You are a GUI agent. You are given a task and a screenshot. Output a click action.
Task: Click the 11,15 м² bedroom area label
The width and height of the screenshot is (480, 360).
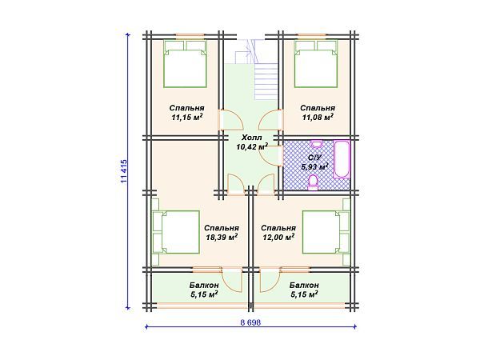[x=186, y=113]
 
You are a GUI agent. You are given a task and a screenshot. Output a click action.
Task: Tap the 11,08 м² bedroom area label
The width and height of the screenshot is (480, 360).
[x=318, y=113]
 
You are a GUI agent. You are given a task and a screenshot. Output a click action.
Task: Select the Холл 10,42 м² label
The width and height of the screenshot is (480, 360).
[x=252, y=142]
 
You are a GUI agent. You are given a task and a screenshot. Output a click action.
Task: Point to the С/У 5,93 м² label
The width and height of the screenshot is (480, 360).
[x=314, y=162]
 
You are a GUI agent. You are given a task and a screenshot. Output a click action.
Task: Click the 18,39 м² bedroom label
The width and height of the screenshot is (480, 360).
[x=222, y=233]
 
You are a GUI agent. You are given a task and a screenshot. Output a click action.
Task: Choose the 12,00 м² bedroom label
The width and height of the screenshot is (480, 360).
[x=278, y=233]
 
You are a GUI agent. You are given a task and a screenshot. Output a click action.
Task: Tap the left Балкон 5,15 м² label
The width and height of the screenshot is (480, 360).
[x=204, y=290]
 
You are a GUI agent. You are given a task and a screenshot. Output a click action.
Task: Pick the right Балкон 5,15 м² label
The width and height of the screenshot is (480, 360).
[x=304, y=290]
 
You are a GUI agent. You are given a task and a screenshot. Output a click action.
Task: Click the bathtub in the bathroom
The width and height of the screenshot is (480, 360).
[x=341, y=159]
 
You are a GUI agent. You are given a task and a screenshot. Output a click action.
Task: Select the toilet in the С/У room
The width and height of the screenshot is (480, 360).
[x=313, y=182]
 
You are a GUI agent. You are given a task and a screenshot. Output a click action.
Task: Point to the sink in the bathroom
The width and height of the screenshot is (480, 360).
[x=317, y=143]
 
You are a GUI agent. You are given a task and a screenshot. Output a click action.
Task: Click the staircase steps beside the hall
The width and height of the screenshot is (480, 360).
[x=266, y=82]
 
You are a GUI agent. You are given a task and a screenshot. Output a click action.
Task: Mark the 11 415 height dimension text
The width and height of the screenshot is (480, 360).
[x=124, y=171]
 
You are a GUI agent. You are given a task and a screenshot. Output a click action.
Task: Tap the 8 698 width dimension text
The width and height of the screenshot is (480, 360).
[x=250, y=322]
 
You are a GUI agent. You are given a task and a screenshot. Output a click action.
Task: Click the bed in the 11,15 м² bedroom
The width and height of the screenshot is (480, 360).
[x=185, y=64]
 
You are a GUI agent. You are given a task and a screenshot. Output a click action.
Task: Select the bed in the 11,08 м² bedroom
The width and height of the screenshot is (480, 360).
[x=316, y=64]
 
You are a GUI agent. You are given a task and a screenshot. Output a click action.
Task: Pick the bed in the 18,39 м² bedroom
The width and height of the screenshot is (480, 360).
[x=176, y=232]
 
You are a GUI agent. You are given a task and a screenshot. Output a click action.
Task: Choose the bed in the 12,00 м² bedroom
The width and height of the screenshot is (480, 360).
[x=326, y=232]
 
